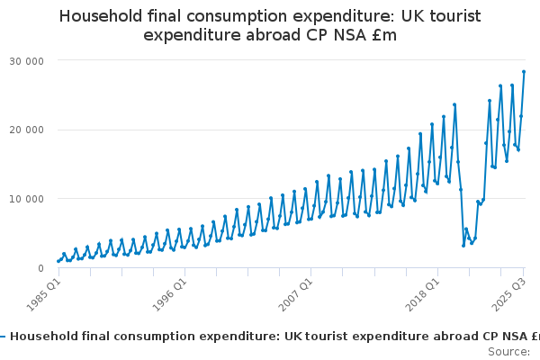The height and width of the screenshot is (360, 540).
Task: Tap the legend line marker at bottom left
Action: [x=3, y=337]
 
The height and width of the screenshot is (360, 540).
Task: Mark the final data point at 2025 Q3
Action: [x=524, y=72]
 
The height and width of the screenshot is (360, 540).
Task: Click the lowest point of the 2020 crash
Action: [x=463, y=245]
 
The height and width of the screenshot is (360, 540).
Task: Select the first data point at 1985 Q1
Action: [x=58, y=261]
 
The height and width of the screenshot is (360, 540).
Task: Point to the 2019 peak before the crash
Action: [x=454, y=104]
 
